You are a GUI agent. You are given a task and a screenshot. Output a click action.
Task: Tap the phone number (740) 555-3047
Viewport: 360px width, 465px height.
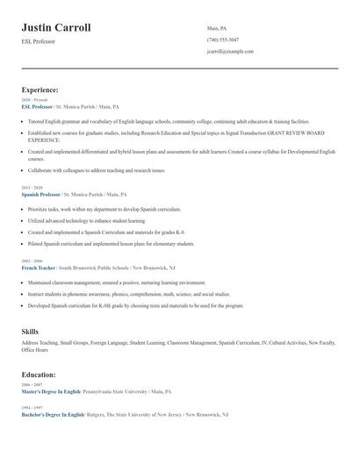[222, 39]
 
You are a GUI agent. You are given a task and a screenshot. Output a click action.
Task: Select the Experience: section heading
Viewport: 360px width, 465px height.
[40, 89]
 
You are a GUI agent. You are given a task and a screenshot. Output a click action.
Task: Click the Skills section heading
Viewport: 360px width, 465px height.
[30, 331]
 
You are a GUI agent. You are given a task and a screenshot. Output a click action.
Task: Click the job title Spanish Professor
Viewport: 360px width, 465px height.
[40, 194]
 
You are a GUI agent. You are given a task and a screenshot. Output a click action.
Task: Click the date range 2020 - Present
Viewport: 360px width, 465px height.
[32, 100]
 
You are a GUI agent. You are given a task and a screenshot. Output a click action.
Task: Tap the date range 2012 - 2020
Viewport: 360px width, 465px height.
[31, 188]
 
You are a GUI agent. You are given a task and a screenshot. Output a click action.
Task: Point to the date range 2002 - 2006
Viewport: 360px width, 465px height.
[31, 261]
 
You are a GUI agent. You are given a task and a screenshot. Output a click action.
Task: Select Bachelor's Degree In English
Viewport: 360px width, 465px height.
[52, 413]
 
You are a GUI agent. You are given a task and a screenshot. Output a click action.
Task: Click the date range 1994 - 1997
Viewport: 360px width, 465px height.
[31, 407]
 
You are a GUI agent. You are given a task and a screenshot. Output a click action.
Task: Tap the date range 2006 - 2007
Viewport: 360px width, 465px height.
[31, 384]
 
